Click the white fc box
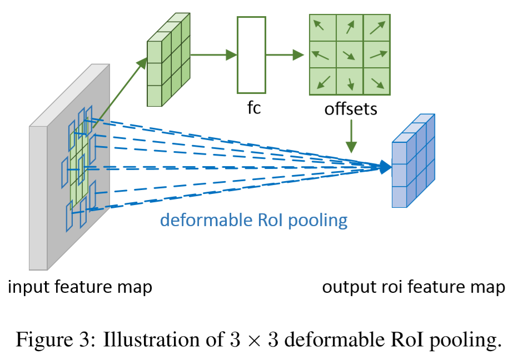click(x=251, y=54)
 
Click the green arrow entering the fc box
click(x=214, y=54)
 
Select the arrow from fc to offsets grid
click(x=285, y=54)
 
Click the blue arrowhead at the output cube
click(x=385, y=167)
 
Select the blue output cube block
click(x=412, y=162)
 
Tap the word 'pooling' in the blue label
click(x=321, y=221)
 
